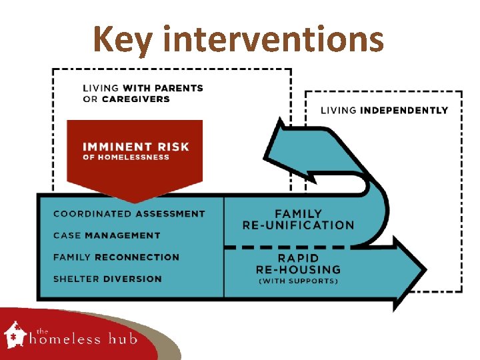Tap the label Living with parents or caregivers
143,93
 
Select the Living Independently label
384,110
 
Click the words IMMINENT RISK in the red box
135,146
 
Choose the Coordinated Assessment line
129,214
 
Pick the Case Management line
107,235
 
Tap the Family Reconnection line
116,257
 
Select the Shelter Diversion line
107,279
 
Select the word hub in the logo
123,339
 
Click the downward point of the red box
135,199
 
